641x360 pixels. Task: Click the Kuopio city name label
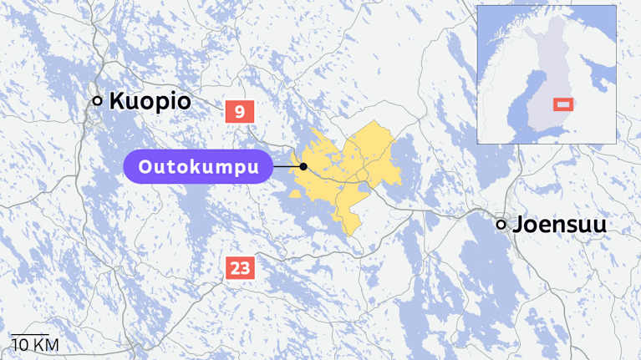click(x=150, y=102)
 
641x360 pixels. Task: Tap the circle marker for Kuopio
click(x=97, y=101)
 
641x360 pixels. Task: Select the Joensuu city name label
click(x=559, y=225)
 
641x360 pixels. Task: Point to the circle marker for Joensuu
click(x=501, y=224)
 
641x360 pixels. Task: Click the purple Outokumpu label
click(x=198, y=167)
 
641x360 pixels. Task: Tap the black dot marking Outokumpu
click(x=303, y=167)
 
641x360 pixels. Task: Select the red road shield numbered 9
click(x=240, y=111)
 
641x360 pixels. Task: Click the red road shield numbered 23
click(x=240, y=268)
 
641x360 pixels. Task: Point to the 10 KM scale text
click(x=34, y=345)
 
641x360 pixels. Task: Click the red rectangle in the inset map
click(x=563, y=104)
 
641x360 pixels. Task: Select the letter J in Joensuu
click(x=519, y=225)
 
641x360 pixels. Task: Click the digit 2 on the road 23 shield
click(x=235, y=268)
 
